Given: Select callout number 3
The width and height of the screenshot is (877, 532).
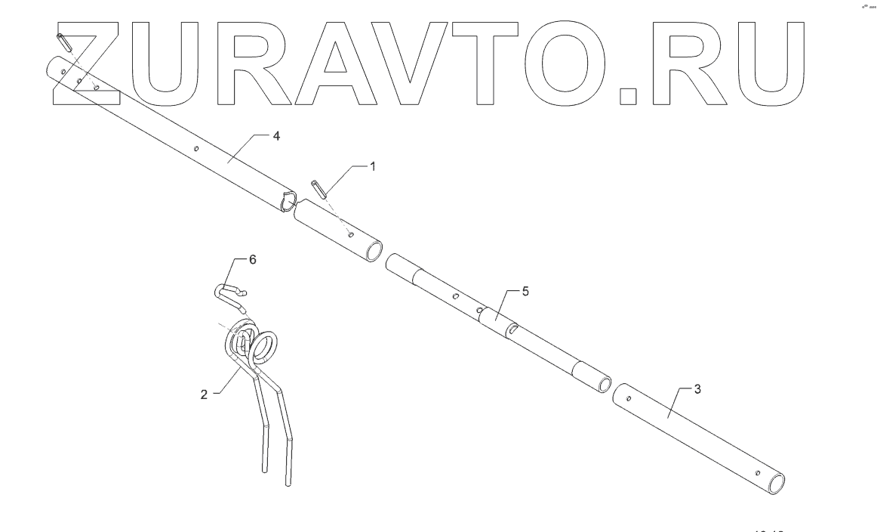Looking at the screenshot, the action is pos(697,388).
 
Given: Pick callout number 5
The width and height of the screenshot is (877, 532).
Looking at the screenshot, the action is pos(515,291).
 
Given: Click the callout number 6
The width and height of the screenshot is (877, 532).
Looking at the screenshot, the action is pos(253,259).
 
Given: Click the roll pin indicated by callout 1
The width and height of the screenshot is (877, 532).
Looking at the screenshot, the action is pos(318,189).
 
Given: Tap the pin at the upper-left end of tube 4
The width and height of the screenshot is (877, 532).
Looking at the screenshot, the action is pos(64,42).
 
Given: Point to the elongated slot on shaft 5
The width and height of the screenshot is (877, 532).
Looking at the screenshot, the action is pos(512,328).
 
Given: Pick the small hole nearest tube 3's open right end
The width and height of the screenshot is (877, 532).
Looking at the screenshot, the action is pos(757,474).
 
